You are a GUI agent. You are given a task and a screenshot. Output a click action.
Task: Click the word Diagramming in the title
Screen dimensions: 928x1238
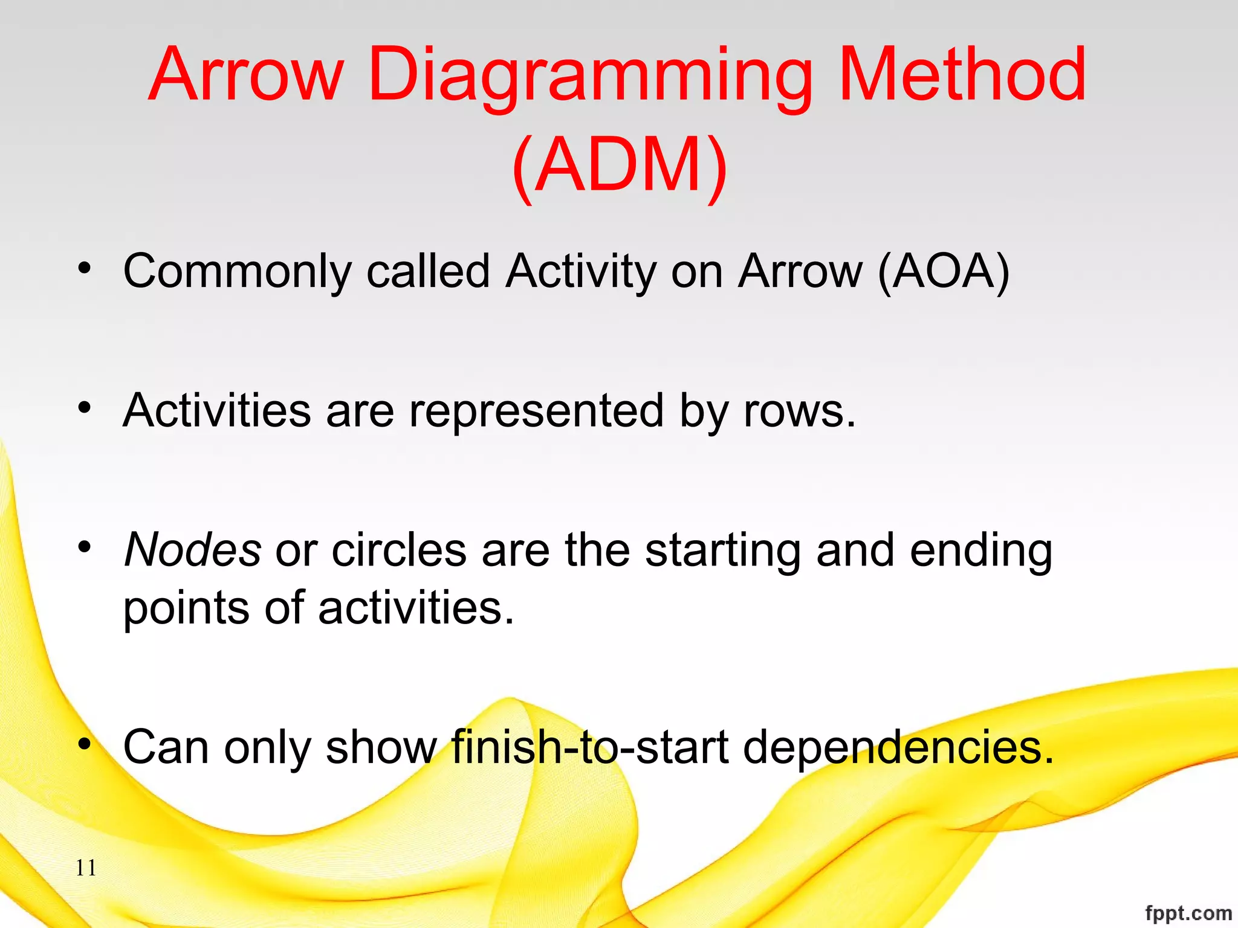point(590,76)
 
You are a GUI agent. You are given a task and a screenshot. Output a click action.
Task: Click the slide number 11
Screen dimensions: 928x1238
point(86,868)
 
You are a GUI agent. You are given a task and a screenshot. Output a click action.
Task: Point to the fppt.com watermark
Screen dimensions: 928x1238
point(1188,913)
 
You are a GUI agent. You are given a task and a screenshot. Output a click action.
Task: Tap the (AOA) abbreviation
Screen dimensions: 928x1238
point(944,271)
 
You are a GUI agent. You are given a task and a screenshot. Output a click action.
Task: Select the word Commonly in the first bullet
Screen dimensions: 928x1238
point(237,271)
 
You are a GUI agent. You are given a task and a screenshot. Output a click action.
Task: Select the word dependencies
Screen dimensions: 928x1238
point(898,747)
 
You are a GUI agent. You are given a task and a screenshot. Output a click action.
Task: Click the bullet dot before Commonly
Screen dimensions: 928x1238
point(85,267)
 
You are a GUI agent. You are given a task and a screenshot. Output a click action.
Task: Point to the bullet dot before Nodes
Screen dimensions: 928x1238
point(85,547)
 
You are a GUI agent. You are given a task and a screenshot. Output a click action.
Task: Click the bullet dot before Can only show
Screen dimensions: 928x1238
point(85,743)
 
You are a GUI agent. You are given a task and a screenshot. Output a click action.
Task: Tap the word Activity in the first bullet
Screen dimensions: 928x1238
point(580,271)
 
